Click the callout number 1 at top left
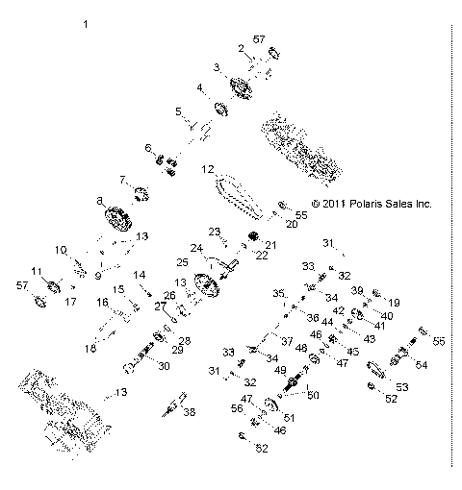[87, 22]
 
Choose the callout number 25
[183, 261]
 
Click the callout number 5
[178, 111]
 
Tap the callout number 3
[217, 67]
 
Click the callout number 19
[394, 302]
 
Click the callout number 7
[122, 179]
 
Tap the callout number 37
[288, 341]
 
